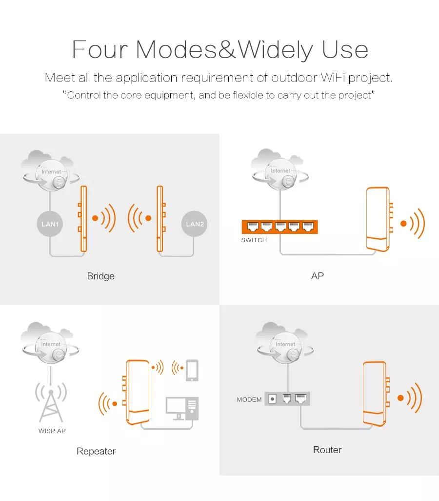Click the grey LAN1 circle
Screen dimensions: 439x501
[50, 224]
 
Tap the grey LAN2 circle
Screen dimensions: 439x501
[195, 224]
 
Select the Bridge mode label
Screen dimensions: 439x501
[100, 276]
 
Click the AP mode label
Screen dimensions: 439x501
[318, 276]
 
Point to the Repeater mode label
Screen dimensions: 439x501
[96, 451]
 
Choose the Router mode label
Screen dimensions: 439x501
[327, 450]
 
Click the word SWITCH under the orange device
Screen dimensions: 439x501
[254, 240]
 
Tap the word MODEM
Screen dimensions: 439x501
[249, 399]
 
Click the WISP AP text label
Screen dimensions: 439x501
[52, 431]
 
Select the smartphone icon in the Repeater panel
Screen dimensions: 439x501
[192, 370]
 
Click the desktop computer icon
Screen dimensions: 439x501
[182, 409]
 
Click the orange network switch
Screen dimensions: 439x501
[279, 227]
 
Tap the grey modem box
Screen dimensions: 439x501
[287, 399]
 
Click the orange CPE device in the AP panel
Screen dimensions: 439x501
[379, 219]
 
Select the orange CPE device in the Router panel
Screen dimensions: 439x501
[376, 394]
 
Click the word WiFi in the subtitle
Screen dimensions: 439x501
[333, 78]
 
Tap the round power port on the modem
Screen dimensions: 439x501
[272, 399]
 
